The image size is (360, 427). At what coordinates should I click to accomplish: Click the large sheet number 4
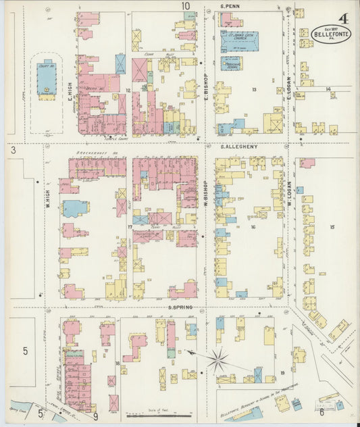[344, 18]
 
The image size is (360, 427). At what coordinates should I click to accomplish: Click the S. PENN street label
[232, 6]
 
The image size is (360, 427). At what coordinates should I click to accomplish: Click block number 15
[332, 227]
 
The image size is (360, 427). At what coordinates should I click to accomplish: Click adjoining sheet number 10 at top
[185, 6]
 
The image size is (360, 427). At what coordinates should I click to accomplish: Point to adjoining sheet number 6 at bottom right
[322, 412]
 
